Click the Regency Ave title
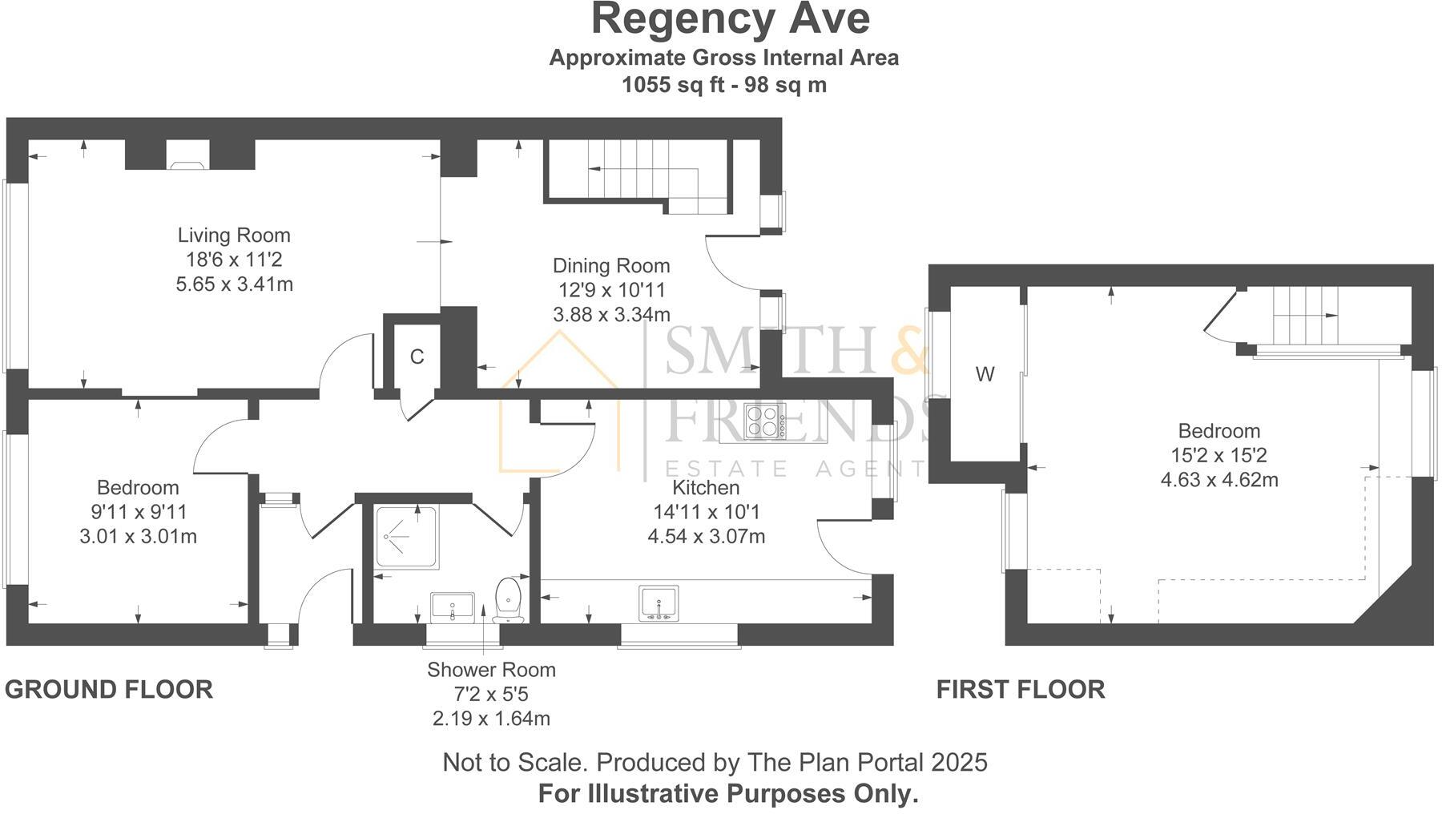pos(730,19)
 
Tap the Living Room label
pos(234,236)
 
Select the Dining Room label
pos(611,266)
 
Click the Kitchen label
pos(705,488)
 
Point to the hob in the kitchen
pos(764,421)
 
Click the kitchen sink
pos(659,603)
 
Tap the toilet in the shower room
pos(508,600)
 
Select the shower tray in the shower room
pos(406,537)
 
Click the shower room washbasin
pos(453,607)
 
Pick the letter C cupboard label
pos(417,357)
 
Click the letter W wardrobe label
pos(985,374)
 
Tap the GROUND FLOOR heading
pos(109,690)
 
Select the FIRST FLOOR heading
pos(1021,690)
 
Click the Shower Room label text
pos(491,670)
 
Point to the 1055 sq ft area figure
pos(672,85)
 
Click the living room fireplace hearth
pos(187,165)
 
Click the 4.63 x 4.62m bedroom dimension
pos(1218,481)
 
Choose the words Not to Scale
pos(514,763)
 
